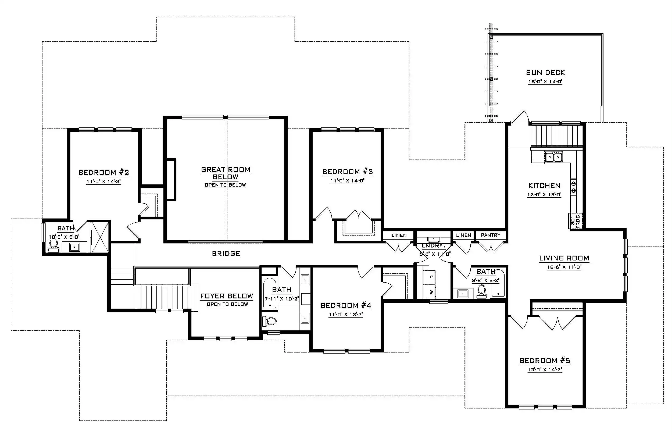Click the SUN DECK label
coord(545,73)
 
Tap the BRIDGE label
coord(226,254)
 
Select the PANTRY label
coord(491,235)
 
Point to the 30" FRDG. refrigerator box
coord(575,221)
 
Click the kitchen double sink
coord(554,157)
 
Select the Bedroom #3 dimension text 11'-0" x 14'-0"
coord(348,180)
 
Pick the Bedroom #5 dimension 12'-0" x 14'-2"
coord(545,369)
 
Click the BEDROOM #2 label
coord(104,172)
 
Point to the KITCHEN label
coord(544,186)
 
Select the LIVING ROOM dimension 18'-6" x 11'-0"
coord(564,267)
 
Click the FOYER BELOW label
coord(227,296)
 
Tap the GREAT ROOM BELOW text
coord(226,173)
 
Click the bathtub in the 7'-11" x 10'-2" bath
coord(270,293)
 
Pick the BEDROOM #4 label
coord(346,305)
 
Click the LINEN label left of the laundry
coord(399,235)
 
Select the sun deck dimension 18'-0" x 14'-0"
coord(545,82)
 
